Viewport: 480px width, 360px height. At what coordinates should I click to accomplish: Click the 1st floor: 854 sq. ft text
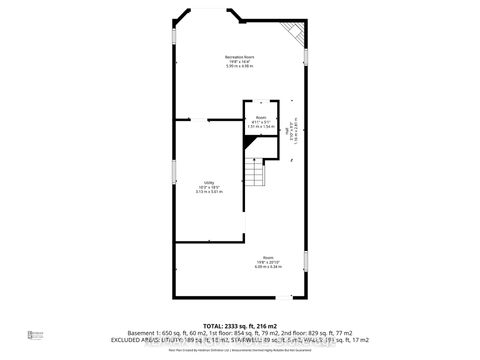(234, 333)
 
